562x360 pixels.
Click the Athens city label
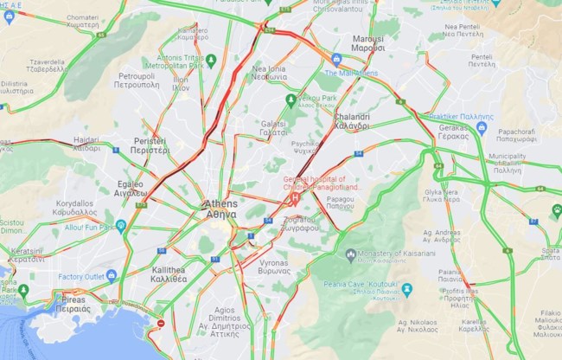point(220,209)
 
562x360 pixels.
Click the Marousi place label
point(367,43)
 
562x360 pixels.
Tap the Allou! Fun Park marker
point(121,226)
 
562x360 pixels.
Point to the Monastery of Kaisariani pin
point(350,255)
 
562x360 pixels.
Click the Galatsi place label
point(273,129)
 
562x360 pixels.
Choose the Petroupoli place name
point(135,81)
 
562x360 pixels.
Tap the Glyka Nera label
point(441,195)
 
